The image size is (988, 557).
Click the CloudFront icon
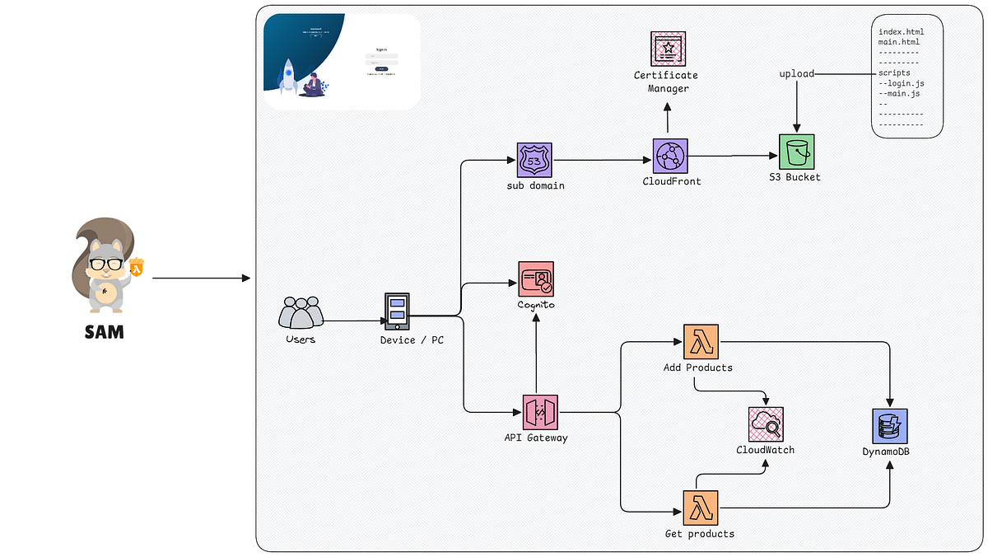(670, 156)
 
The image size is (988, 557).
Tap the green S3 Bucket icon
(796, 152)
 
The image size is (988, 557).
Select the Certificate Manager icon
(668, 49)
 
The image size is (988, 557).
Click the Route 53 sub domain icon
(534, 160)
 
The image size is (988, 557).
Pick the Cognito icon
(536, 279)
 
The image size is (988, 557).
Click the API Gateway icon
(541, 412)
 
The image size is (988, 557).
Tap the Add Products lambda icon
(701, 342)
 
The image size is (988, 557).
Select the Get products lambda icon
(701, 508)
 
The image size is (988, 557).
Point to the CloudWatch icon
(766, 425)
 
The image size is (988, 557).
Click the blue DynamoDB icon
(889, 426)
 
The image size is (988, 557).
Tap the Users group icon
(301, 313)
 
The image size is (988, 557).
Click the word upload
(796, 74)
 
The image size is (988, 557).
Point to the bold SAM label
(105, 333)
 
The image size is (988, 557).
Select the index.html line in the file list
(901, 32)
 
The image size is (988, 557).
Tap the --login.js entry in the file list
(901, 84)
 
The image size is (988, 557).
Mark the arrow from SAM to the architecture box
(201, 278)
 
